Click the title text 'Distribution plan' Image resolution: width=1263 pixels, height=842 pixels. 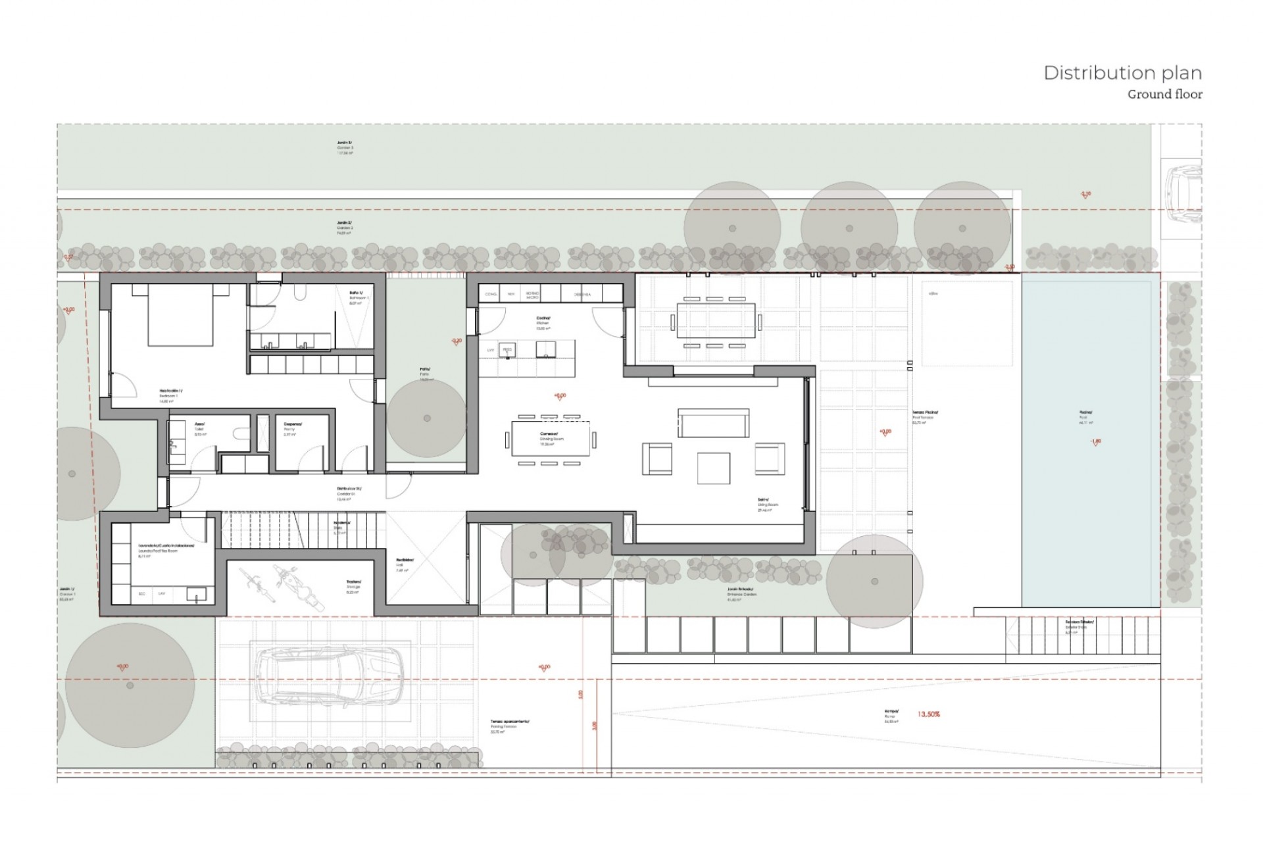pyautogui.click(x=1122, y=73)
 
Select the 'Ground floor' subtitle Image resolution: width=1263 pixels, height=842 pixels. pyautogui.click(x=1164, y=95)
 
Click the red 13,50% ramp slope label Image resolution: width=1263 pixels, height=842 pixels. pyautogui.click(x=928, y=714)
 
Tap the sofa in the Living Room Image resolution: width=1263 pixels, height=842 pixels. pyautogui.click(x=713, y=424)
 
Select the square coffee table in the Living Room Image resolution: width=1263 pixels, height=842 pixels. pyautogui.click(x=714, y=468)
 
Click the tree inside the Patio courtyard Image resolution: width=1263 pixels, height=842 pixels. pyautogui.click(x=427, y=418)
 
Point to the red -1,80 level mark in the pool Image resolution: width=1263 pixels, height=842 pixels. pyautogui.click(x=1096, y=442)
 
